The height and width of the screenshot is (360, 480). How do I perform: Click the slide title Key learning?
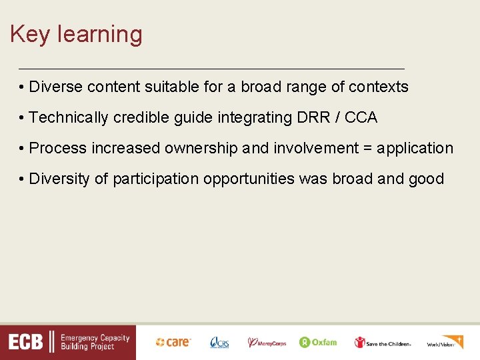(x=76, y=35)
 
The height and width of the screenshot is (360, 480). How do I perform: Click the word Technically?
(x=69, y=118)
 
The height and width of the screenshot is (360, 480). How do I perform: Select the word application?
(x=415, y=149)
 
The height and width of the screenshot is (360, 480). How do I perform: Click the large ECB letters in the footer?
(x=26, y=343)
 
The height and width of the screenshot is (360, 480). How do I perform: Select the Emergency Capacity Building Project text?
(x=95, y=343)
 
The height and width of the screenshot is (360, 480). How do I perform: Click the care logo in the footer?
(x=173, y=342)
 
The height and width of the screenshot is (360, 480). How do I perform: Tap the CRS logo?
(x=219, y=343)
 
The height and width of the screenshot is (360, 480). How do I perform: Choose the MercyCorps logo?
(x=267, y=343)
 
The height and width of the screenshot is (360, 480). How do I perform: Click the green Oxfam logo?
(x=318, y=342)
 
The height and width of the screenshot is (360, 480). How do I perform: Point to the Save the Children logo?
(x=383, y=343)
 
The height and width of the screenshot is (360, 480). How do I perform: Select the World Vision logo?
(x=445, y=342)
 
